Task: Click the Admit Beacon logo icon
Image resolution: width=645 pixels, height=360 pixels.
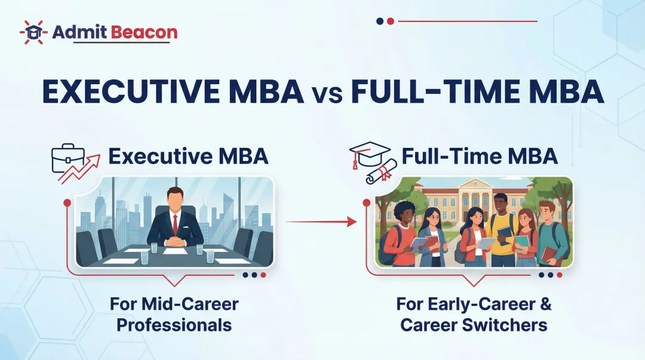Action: (x=33, y=32)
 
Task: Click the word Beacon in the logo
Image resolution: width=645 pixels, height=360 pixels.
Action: (x=146, y=32)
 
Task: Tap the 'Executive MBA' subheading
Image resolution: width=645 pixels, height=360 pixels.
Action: (x=188, y=156)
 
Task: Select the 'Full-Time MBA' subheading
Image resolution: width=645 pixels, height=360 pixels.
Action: (x=480, y=156)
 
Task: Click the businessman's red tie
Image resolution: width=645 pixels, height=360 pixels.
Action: (x=175, y=224)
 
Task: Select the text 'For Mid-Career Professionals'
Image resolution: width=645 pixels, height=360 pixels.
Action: (x=174, y=314)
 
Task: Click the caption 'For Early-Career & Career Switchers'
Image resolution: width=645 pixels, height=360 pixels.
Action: (x=474, y=314)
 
